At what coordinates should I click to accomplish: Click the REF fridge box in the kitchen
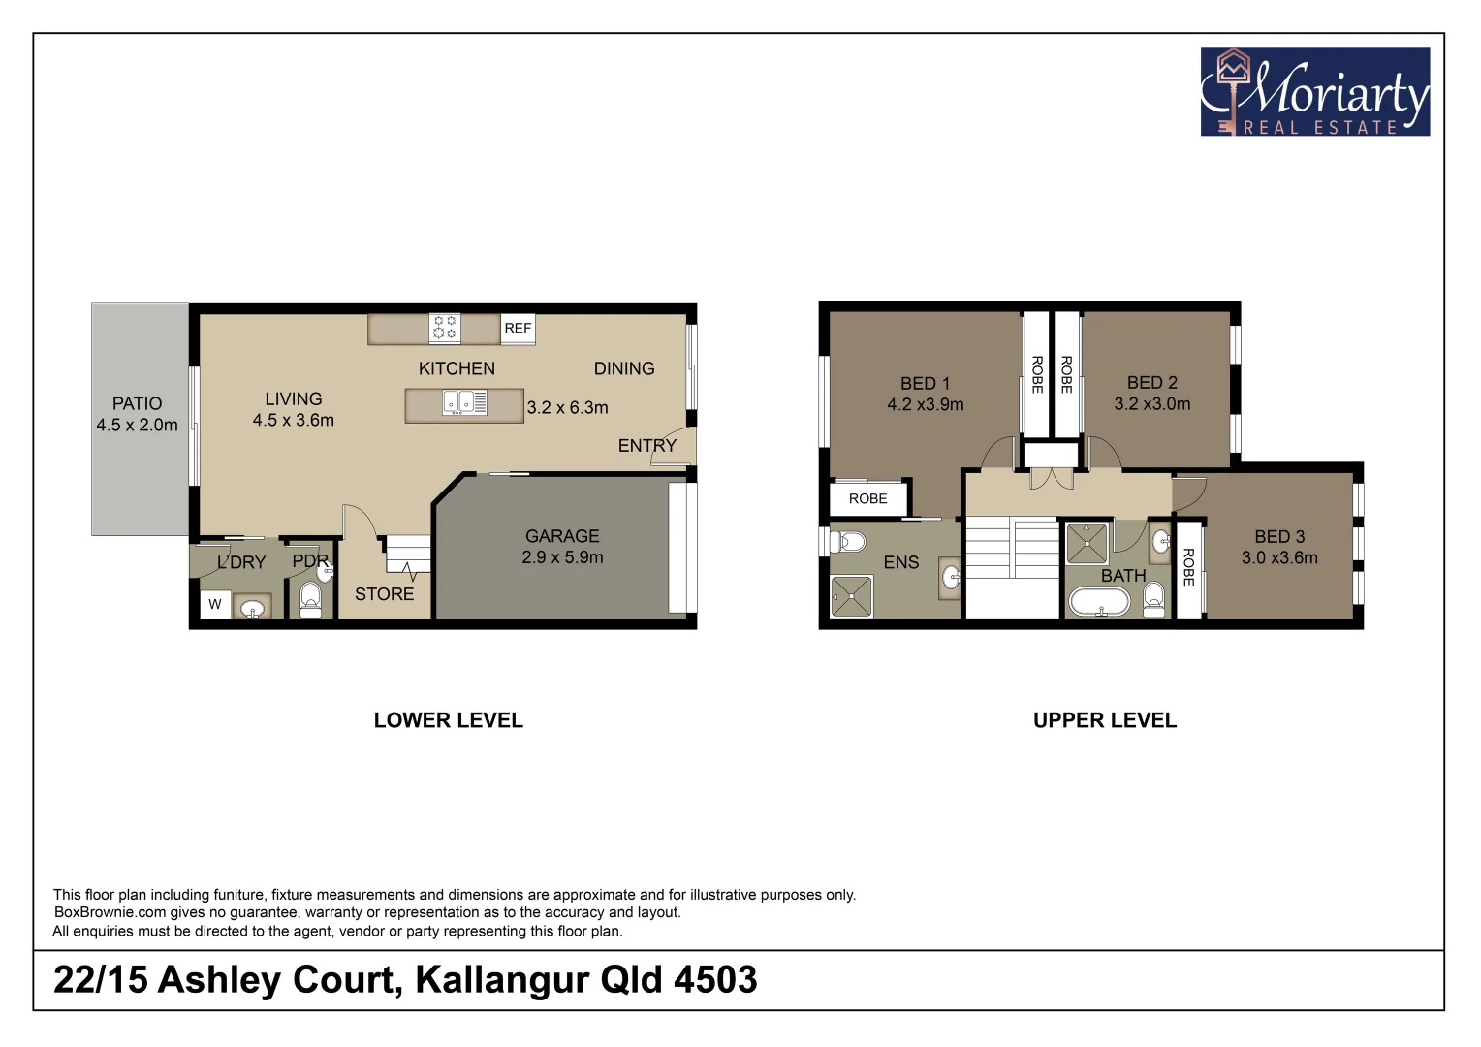518,329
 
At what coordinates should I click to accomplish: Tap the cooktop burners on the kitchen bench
445,328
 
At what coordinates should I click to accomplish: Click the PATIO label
137,403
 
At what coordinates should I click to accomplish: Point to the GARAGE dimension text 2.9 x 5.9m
562,557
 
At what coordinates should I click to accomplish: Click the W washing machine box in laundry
215,604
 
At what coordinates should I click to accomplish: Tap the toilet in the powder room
310,599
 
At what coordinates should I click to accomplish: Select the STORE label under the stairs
384,594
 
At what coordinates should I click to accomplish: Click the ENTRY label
646,446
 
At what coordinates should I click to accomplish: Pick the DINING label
624,368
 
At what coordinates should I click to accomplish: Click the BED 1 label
925,383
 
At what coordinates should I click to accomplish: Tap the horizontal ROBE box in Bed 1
867,498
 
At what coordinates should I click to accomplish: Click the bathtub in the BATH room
1099,602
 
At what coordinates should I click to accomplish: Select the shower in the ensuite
852,596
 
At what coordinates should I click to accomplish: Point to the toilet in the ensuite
850,541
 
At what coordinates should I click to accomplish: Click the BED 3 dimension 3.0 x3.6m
1279,558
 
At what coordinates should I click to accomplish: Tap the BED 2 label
1151,382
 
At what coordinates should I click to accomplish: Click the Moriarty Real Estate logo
1314,92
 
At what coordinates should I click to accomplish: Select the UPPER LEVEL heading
1104,720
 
